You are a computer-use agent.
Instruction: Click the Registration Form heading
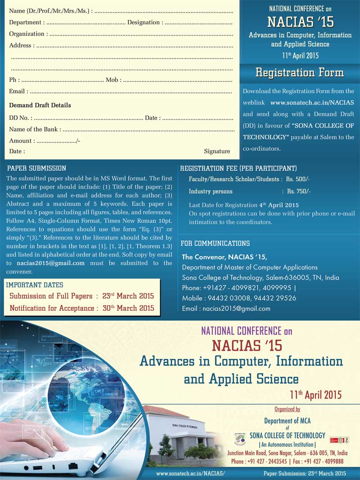pyautogui.click(x=300, y=72)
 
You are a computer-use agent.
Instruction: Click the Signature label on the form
pyautogui.click(x=217, y=151)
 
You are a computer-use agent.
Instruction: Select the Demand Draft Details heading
pyautogui.click(x=40, y=105)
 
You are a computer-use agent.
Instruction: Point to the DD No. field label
pyautogui.click(x=20, y=118)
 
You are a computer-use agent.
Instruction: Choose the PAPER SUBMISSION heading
pyautogui.click(x=37, y=168)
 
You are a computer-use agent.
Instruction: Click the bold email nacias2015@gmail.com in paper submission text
pyautogui.click(x=50, y=263)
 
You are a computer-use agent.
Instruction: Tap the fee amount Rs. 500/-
pyautogui.click(x=298, y=179)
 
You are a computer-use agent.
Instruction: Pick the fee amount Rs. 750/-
pyautogui.click(x=299, y=191)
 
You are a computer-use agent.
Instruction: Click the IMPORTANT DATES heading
pyautogui.click(x=35, y=285)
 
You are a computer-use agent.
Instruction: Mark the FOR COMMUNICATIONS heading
pyautogui.click(x=215, y=244)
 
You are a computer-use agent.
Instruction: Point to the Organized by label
pyautogui.click(x=287, y=409)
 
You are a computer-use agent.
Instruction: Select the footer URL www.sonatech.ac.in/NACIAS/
pyautogui.click(x=190, y=474)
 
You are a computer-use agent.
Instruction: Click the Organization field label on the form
pyautogui.click(x=27, y=34)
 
